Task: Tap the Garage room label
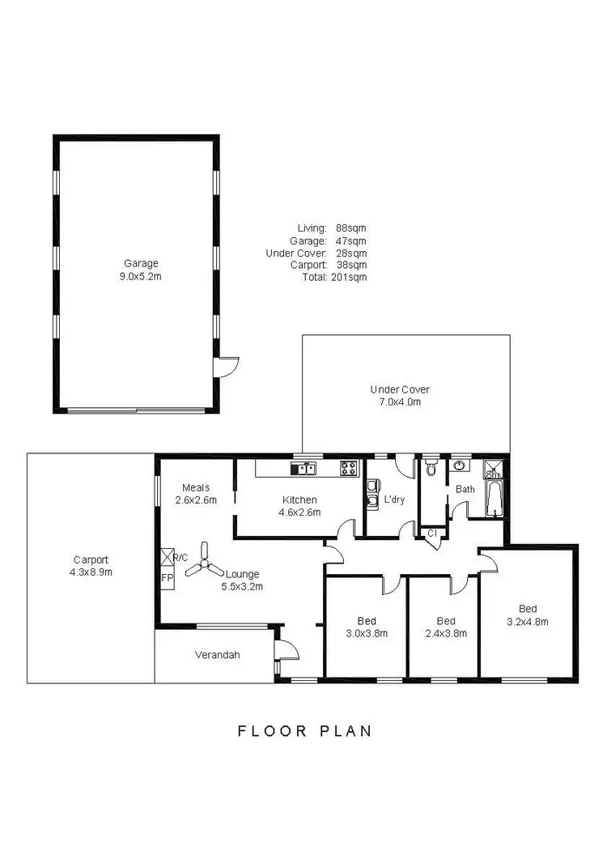pos(141,269)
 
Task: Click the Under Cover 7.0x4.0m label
pos(400,394)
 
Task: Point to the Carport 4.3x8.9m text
pos(91,565)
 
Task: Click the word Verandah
pos(218,655)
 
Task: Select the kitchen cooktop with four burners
pos(349,467)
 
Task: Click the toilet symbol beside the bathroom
pos(431,467)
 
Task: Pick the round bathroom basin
pos(461,466)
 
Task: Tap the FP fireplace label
pos(168,577)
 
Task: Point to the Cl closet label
pos(431,533)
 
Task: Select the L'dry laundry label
pos(393,500)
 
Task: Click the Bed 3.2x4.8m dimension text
pos(528,622)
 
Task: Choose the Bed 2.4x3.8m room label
pos(447,627)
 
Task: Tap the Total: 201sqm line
pos(333,277)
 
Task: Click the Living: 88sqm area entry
pos(332,228)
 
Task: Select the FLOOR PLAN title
pos(304,731)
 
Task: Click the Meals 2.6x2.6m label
pos(196,493)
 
